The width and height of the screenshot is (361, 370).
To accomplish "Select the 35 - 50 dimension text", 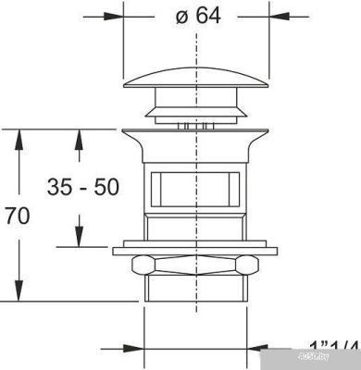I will (83, 187).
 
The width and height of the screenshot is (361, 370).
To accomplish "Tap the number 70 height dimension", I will (18, 216).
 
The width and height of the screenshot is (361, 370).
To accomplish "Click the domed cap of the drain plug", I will (196, 82).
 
